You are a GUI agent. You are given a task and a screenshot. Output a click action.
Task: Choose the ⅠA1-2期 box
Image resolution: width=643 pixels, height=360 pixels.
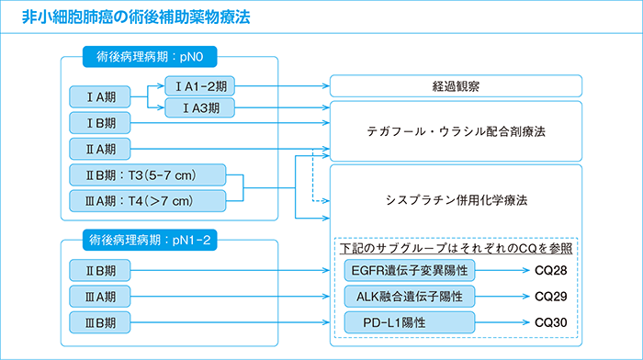[x=200, y=86]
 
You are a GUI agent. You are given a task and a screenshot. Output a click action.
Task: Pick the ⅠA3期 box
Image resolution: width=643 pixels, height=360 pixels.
[x=200, y=107]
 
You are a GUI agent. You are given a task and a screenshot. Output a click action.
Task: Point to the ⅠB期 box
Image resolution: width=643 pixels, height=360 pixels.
[x=101, y=122]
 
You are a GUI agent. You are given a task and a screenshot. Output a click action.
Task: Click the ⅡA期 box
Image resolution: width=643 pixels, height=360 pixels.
[x=101, y=148]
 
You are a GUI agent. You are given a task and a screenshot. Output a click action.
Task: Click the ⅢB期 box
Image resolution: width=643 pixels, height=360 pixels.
[x=101, y=322]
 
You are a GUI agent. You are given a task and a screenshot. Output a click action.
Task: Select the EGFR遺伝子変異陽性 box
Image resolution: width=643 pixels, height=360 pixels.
[x=410, y=271]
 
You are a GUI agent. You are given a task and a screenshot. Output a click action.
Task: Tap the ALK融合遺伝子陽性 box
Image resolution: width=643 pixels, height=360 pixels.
[x=410, y=297]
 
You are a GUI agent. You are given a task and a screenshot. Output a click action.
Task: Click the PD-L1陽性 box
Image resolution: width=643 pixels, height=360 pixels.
[x=410, y=322]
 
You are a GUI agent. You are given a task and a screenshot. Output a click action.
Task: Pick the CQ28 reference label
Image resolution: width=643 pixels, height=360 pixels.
[x=551, y=271]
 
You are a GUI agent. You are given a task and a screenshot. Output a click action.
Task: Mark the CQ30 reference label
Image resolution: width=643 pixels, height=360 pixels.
[x=551, y=322]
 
